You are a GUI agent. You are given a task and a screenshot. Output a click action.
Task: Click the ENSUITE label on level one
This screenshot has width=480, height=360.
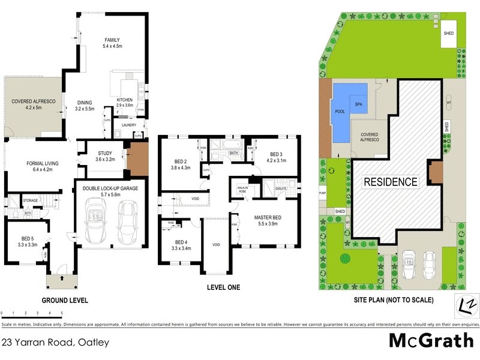pos(281,189)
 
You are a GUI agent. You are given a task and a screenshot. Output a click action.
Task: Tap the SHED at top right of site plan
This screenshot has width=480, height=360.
pos(448,34)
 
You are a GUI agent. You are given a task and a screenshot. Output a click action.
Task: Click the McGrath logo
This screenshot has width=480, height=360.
pos(431,340)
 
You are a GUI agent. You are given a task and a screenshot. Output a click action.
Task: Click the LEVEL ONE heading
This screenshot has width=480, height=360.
pos(223,287)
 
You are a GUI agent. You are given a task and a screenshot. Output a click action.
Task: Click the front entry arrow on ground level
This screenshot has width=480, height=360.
pos(62,278)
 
